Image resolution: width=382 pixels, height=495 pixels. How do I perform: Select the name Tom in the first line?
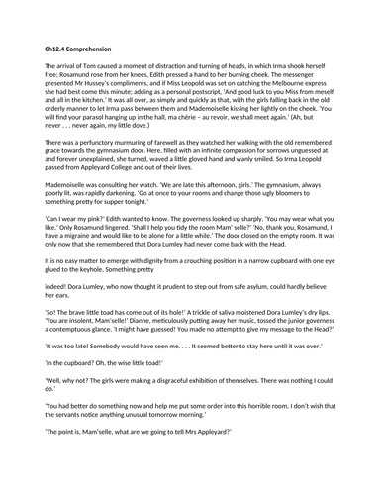(x=99, y=64)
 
